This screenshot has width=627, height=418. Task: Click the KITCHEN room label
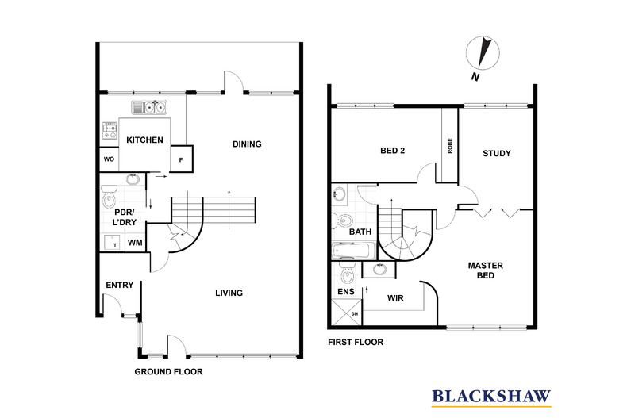coord(144,140)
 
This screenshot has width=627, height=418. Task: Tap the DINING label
coord(247,144)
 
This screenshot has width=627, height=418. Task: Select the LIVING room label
coord(229,293)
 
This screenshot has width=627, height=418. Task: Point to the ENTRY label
coord(119,286)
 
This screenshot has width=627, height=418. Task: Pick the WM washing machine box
coord(136,242)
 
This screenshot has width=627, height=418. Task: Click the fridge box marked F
coord(182,159)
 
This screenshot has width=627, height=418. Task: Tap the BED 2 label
coord(393,151)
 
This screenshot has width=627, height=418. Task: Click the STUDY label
coord(497,153)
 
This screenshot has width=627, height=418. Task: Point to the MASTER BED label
coord(481,270)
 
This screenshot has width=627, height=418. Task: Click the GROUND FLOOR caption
coord(168,371)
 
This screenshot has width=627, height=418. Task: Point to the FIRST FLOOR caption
coord(356,343)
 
